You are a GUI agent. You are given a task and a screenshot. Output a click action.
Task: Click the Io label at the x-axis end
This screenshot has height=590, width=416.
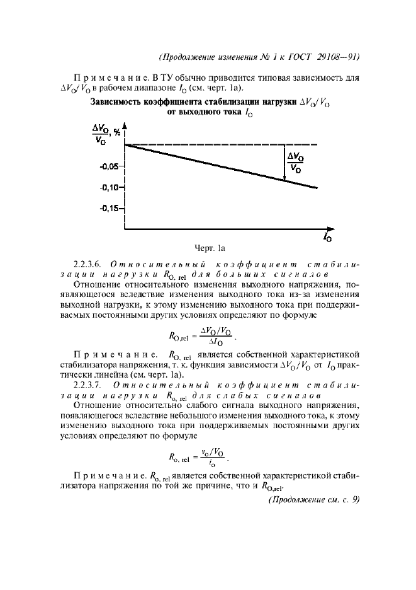[x=328, y=238]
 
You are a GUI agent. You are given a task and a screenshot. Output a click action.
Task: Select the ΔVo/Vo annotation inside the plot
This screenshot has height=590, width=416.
[x=294, y=163]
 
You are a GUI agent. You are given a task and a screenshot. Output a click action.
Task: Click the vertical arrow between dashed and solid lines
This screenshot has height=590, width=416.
[x=284, y=163]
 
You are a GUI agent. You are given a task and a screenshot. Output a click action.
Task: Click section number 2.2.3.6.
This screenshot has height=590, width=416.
[x=93, y=264]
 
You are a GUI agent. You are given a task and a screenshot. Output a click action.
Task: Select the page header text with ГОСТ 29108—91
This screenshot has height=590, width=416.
[x=260, y=56]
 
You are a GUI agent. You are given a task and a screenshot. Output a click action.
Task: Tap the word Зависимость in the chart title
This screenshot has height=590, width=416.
[x=117, y=101]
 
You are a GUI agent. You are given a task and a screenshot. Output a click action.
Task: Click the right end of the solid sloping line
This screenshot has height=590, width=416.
[x=317, y=187]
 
